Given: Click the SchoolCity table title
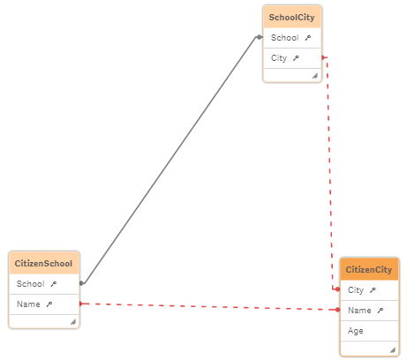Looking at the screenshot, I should pos(292,16).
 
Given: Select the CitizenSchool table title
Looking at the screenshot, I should pos(43,263).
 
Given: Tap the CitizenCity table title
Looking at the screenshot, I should pos(369,269).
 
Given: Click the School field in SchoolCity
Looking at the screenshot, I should pos(284,38).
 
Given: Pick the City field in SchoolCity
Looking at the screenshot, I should pos(279,58).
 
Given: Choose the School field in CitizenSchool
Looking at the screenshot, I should pos(30,284).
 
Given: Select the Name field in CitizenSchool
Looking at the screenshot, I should pos(27,304).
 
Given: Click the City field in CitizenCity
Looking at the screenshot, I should pos(356,289).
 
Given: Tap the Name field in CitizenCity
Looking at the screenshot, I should pos(359,311).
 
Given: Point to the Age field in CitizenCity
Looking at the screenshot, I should pos(355,331).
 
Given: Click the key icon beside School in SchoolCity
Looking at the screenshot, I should pos(307,38).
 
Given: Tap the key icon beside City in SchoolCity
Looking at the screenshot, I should pos(296,58).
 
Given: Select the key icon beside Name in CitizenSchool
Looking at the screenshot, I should pos(49,304).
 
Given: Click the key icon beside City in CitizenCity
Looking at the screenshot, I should pos(373,289).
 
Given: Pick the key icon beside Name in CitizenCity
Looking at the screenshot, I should pos(381,311).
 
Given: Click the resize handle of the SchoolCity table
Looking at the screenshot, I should pos(314,76).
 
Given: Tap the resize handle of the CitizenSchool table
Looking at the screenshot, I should pos(72,322).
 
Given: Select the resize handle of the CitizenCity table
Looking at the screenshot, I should pos(392,349).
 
